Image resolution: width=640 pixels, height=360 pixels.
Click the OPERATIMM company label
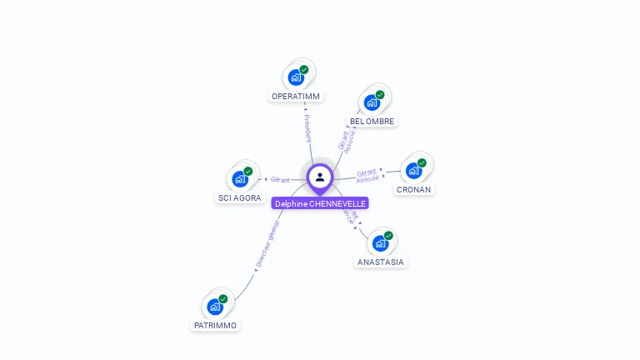click(296, 96)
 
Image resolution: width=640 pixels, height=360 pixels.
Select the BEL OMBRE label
click(372, 121)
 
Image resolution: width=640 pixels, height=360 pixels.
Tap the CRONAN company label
click(413, 189)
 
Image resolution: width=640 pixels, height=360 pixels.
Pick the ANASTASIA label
click(380, 262)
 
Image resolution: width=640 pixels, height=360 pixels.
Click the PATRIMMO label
click(215, 325)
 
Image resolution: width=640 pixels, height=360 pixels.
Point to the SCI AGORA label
click(239, 197)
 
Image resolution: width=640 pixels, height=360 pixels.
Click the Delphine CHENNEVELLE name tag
click(320, 203)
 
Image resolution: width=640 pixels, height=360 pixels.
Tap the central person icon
click(320, 177)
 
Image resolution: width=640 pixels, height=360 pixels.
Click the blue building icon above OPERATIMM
click(295, 77)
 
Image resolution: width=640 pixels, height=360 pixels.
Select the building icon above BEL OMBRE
click(372, 102)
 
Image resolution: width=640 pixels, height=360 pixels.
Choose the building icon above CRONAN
click(413, 171)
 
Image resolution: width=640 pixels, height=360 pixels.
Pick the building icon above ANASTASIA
click(380, 243)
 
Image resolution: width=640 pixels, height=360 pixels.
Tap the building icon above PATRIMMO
click(215, 307)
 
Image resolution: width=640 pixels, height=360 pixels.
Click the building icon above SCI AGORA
click(239, 179)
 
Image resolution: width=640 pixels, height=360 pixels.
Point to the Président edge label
click(307, 128)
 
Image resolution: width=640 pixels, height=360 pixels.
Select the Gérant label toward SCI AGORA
click(280, 179)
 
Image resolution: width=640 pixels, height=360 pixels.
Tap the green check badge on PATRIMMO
click(223, 298)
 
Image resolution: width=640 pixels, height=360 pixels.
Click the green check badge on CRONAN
click(422, 162)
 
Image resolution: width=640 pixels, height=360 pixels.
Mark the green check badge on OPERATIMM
click(304, 70)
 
